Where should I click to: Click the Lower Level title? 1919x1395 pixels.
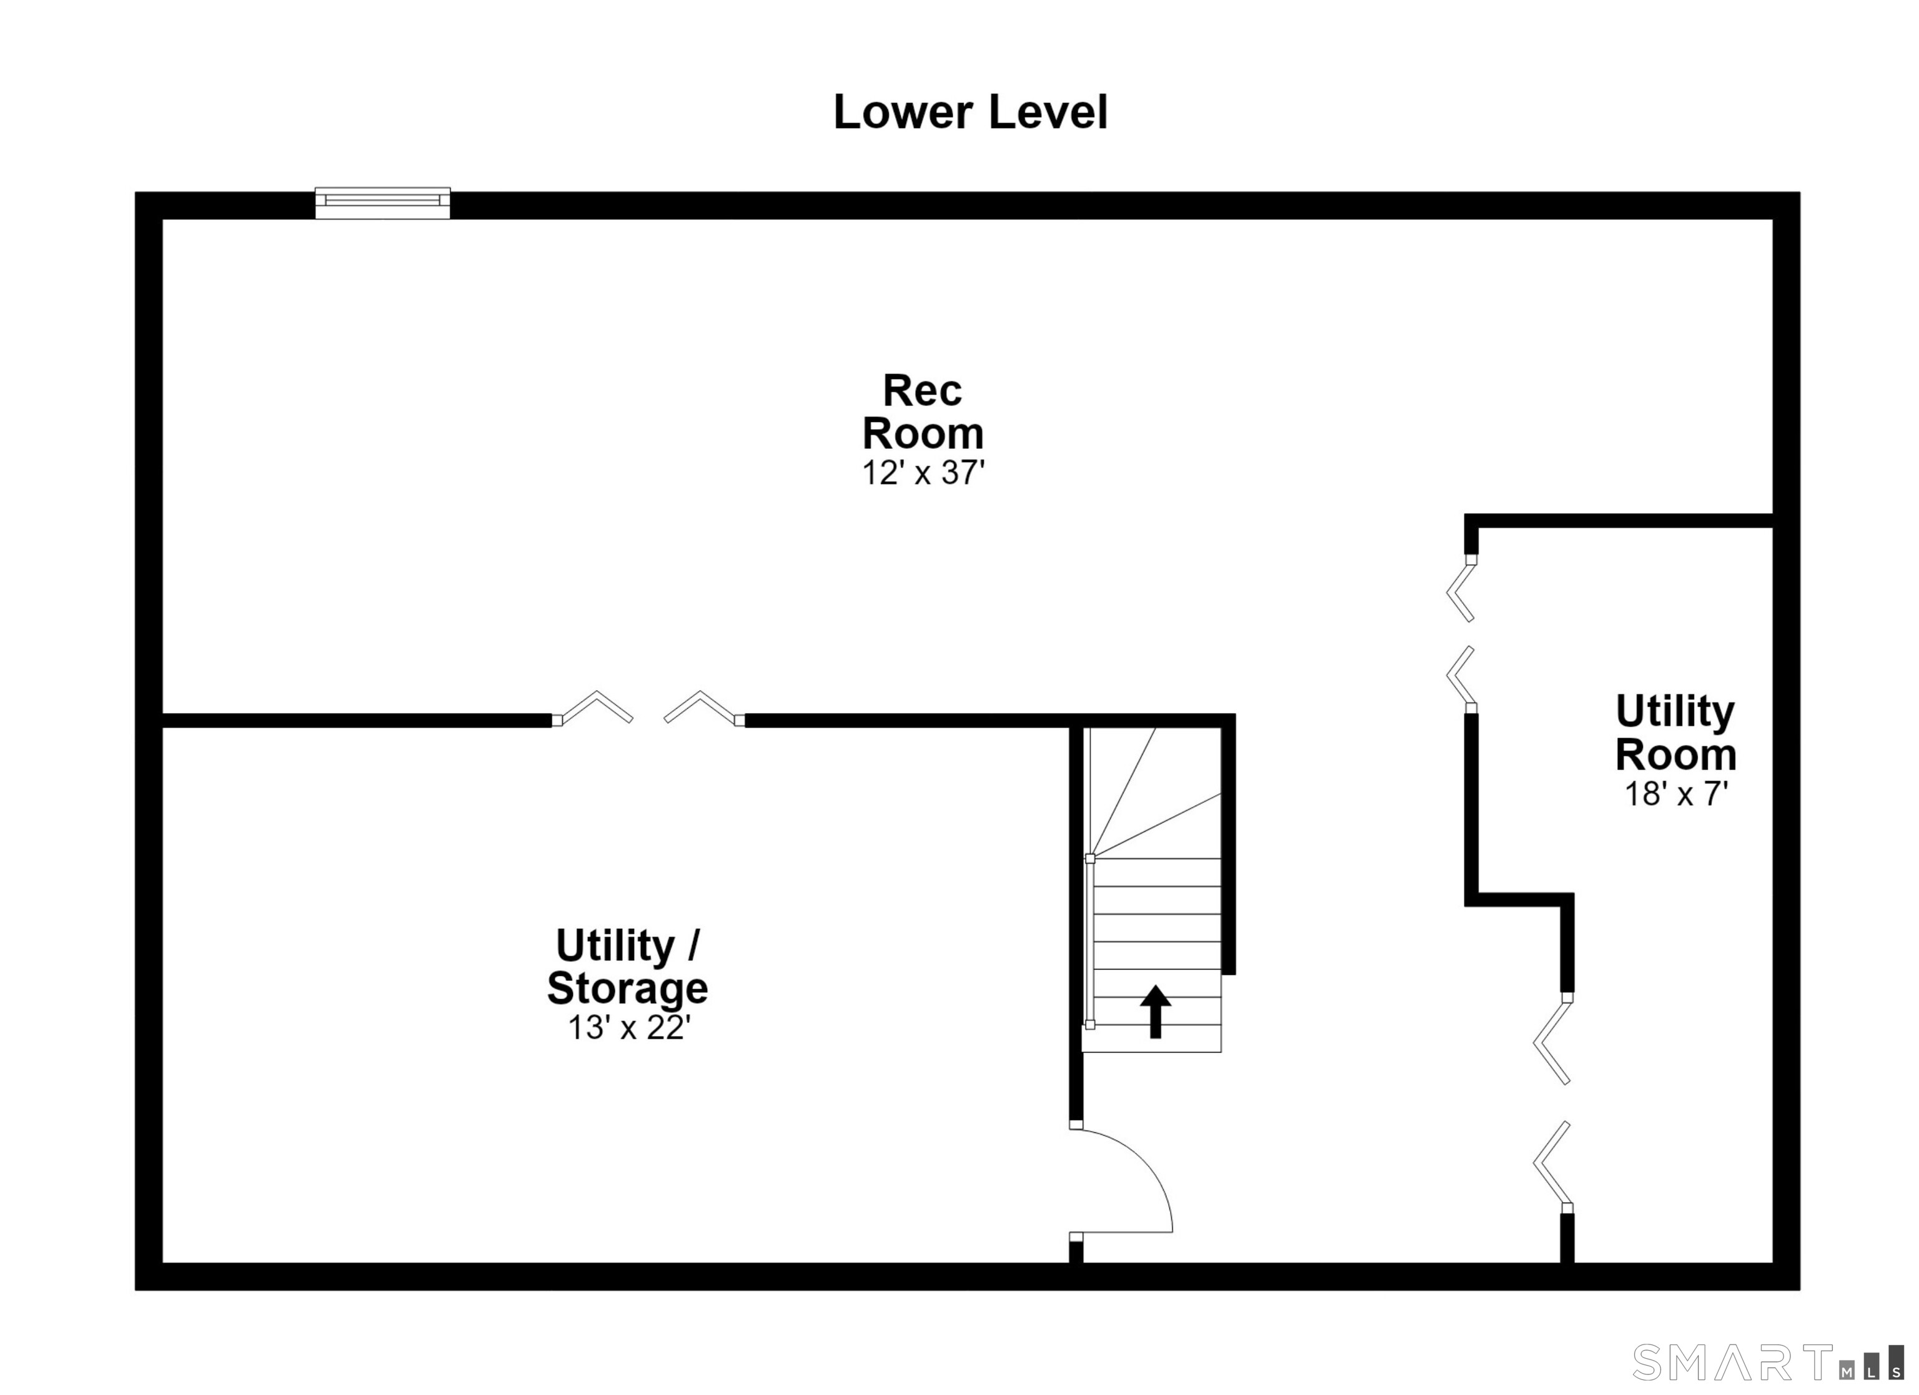971,112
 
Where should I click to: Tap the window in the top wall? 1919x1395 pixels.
382,203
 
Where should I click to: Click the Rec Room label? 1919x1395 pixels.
923,412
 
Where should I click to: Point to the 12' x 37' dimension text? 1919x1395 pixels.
923,473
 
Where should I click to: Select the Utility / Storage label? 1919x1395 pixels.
627,966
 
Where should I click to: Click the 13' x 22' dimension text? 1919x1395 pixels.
628,1028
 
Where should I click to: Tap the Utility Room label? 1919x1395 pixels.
1675,732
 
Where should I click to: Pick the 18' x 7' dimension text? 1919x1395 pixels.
1675,794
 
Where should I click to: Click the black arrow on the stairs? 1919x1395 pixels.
1155,1012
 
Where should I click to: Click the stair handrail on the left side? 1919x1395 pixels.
1090,942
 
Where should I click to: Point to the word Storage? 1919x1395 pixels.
627,988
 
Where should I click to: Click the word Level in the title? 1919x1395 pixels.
1048,112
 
